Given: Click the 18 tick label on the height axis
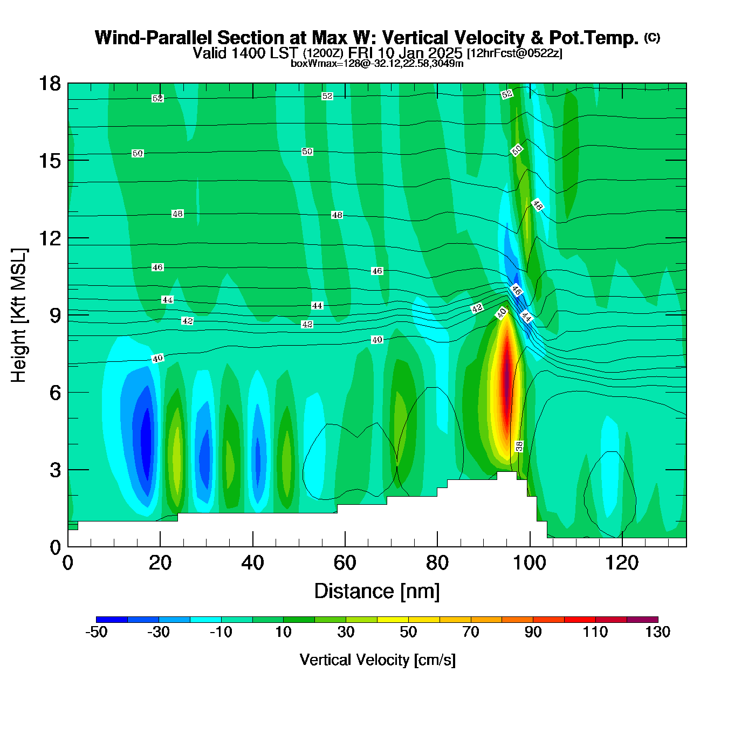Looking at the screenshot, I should coord(49,84).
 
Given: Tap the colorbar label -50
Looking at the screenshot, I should coord(97,632).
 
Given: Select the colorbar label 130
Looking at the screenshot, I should coord(657,632).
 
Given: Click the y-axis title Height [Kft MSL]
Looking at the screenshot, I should coord(19,315).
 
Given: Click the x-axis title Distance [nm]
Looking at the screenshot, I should coord(377,592).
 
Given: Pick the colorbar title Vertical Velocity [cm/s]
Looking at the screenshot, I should coord(377,660).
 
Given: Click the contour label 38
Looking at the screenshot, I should coord(519,446).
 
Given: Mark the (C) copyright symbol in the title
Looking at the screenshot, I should coord(652,37).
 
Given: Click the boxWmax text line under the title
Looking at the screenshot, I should coord(377,64).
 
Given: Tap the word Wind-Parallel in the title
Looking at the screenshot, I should coord(154,38).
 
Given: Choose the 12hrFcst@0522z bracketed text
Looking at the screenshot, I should coord(514,53).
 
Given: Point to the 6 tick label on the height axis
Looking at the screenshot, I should coord(54,393).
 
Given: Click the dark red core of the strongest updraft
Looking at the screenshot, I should coord(507,372).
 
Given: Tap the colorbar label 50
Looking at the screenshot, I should coord(408,632).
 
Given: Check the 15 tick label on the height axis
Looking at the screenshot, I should coord(49,161).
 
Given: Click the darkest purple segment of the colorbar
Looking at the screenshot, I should coord(642,620).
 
